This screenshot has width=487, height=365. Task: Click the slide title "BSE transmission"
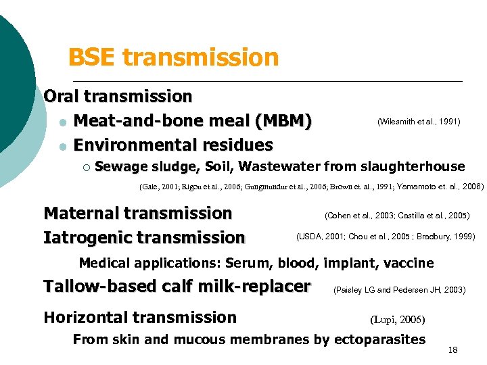pyautogui.click(x=174, y=57)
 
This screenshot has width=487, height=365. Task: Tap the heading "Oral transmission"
pyautogui.click(x=118, y=97)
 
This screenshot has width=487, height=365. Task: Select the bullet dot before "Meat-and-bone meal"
pyautogui.click(x=62, y=122)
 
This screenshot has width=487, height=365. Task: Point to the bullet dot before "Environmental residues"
pyautogui.click(x=62, y=146)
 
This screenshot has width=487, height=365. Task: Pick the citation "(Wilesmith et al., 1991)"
pyautogui.click(x=419, y=122)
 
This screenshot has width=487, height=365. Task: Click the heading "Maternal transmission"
pyautogui.click(x=137, y=214)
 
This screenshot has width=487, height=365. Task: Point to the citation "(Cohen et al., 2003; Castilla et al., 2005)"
pyautogui.click(x=397, y=216)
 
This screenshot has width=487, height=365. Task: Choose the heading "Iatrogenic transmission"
pyautogui.click(x=144, y=238)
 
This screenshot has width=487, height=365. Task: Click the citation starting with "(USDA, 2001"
pyautogui.click(x=386, y=237)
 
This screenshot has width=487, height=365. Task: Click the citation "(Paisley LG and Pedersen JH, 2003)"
pyautogui.click(x=399, y=290)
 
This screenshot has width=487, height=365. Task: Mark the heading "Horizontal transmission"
pyautogui.click(x=140, y=318)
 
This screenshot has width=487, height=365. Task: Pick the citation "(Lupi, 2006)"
pyautogui.click(x=398, y=319)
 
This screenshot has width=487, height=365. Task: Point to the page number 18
pyautogui.click(x=453, y=349)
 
